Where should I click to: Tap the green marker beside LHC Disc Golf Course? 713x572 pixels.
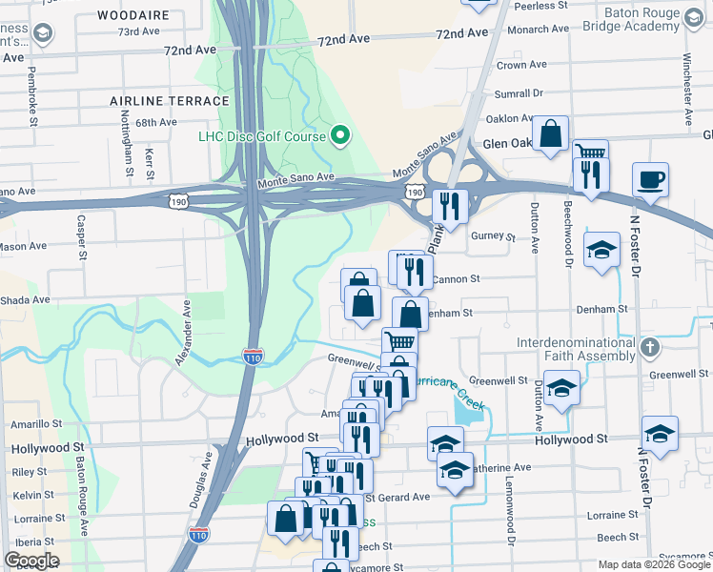pos(339,135)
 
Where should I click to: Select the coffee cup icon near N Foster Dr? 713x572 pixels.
pos(651,179)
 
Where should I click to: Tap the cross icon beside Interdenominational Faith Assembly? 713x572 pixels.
pos(651,347)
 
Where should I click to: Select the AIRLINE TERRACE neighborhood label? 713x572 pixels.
pos(170,100)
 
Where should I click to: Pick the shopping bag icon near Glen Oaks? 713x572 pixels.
pos(551,134)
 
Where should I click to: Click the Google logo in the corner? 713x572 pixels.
pos(32,561)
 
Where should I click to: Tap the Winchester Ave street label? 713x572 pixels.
pos(686,96)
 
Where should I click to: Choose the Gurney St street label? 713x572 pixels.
pos(497,236)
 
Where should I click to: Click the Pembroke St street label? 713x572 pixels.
pos(33,95)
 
